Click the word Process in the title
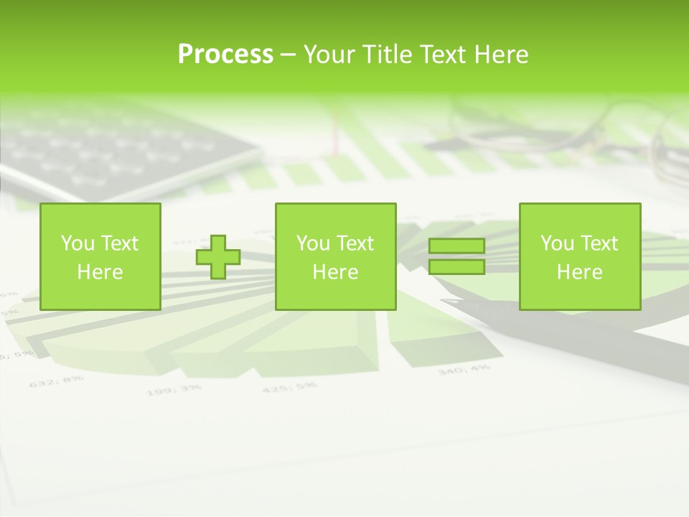[225, 55]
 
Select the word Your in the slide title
[329, 55]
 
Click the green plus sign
[218, 257]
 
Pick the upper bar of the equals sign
[456, 246]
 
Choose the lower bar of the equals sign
[456, 266]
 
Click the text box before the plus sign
[100, 256]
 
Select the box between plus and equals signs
[335, 256]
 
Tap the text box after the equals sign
[579, 256]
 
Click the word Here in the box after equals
[579, 272]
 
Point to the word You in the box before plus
[78, 243]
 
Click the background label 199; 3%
[174, 390]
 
